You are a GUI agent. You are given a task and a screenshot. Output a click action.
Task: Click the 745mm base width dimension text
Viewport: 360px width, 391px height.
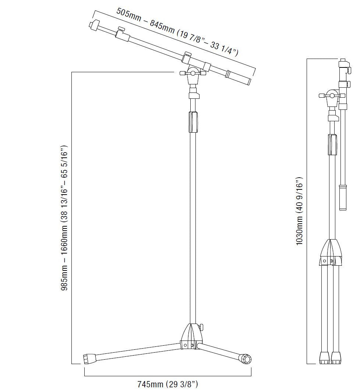pos(167,384)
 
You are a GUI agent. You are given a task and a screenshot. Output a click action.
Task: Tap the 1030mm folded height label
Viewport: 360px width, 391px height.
pos(299,211)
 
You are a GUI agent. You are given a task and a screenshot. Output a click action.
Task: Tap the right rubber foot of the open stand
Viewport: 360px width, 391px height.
pos(245,359)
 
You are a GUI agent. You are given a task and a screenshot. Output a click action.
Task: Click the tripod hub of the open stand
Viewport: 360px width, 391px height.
pos(191,336)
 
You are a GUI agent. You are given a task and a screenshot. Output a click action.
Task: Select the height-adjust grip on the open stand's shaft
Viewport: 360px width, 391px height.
pos(193,122)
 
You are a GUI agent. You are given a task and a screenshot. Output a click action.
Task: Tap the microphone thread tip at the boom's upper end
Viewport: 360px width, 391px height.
pos(93,25)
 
